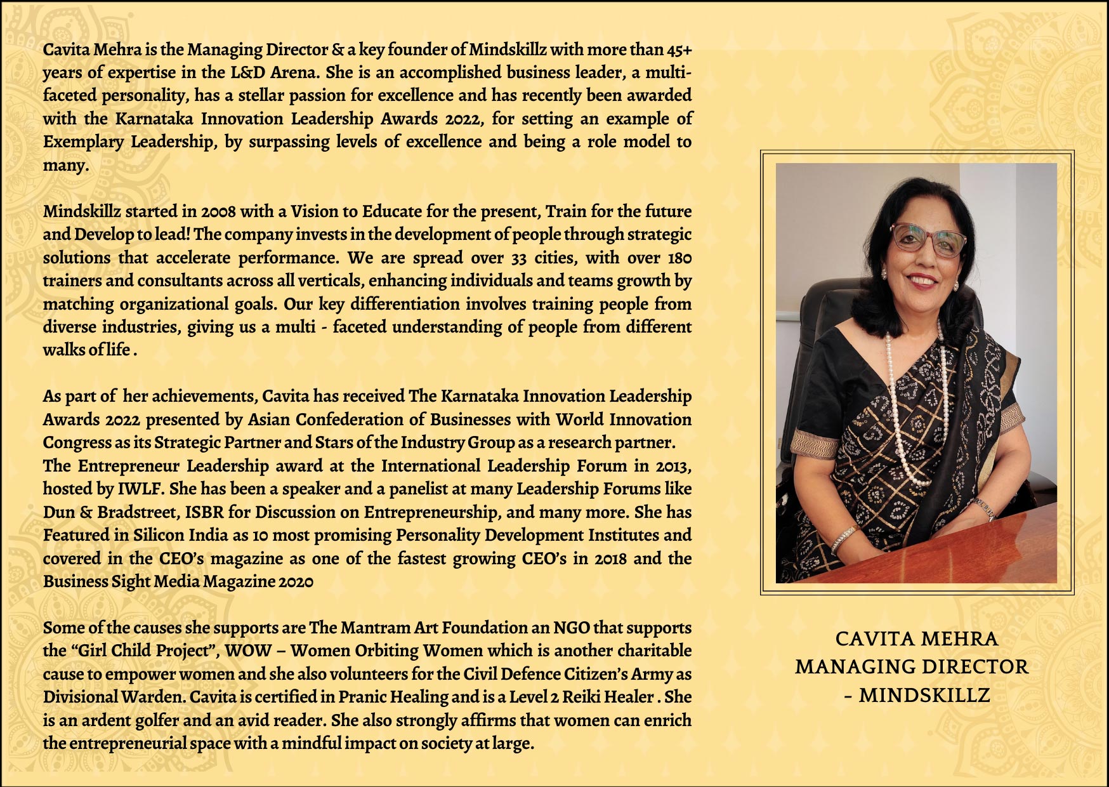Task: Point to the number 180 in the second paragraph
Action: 679,258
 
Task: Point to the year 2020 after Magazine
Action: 295,582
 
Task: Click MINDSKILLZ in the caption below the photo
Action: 924,696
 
